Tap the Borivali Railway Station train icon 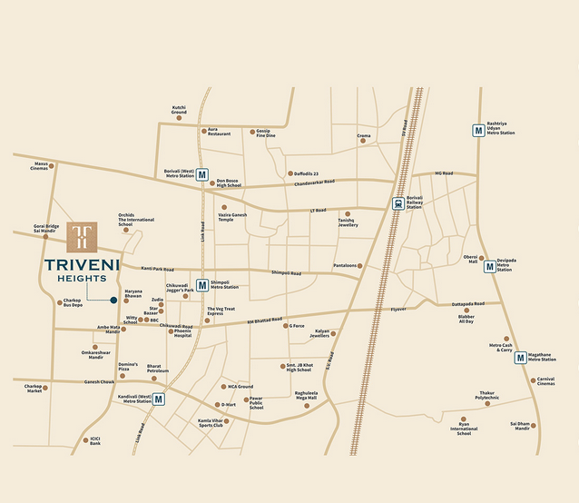click(398, 204)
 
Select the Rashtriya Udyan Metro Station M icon click(477, 130)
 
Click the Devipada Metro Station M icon click(489, 266)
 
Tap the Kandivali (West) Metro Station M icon click(158, 399)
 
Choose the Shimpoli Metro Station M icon click(202, 285)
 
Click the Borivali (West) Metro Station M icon click(202, 174)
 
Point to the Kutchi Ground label click(179, 109)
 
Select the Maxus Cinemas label click(39, 166)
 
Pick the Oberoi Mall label click(470, 259)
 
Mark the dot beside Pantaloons click(360, 266)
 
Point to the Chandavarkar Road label click(314, 182)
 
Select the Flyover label click(398, 310)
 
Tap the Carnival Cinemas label click(545, 381)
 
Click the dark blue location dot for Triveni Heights click(113, 300)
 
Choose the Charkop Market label click(34, 388)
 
